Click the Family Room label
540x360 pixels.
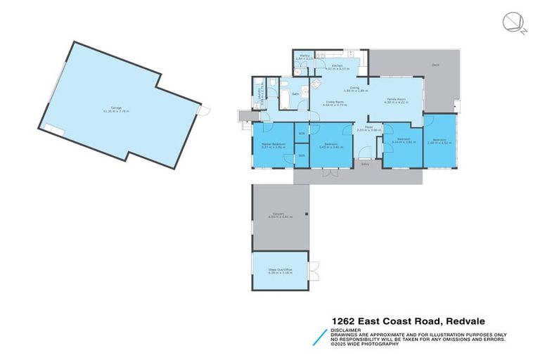tap(397, 99)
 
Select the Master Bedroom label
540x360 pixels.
tap(273, 144)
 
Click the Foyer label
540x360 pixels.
tap(368, 127)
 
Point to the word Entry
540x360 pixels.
tap(365, 164)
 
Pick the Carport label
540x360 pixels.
tap(279, 214)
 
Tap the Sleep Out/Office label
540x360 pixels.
tap(279, 269)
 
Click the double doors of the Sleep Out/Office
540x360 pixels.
tap(316, 270)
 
